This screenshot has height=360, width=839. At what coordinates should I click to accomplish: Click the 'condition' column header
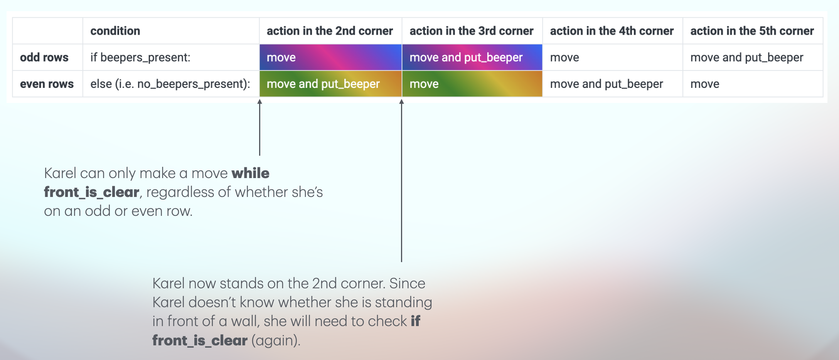115,31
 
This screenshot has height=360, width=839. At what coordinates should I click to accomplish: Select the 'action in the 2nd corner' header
330,31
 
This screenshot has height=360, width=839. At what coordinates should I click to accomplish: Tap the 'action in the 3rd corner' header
471,31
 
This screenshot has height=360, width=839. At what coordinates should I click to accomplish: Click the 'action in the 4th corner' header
612,31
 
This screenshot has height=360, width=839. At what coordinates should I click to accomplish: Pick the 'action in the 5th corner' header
752,31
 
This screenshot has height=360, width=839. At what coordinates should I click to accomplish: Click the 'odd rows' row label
44,57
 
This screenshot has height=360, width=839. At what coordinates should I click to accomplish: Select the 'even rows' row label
47,84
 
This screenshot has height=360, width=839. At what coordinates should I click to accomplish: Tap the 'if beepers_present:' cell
140,57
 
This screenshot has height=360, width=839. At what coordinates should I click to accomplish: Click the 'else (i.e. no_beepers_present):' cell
170,84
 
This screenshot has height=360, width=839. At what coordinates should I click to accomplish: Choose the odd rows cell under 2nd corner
330,57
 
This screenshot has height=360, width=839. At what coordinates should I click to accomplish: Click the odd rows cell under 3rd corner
472,57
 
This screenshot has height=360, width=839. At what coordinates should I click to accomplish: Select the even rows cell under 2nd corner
330,84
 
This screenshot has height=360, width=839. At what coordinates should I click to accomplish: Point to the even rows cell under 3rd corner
472,84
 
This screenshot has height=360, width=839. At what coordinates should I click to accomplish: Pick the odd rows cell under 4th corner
613,57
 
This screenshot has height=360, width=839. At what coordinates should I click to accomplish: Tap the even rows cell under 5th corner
753,84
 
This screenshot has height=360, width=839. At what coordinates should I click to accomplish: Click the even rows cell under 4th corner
613,84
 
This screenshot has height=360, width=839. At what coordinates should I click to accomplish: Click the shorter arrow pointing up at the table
259,128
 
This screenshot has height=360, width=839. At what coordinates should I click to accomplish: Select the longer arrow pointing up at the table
401,181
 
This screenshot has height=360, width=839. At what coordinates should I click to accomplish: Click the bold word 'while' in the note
251,173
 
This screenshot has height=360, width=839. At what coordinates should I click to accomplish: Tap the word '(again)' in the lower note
276,341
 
